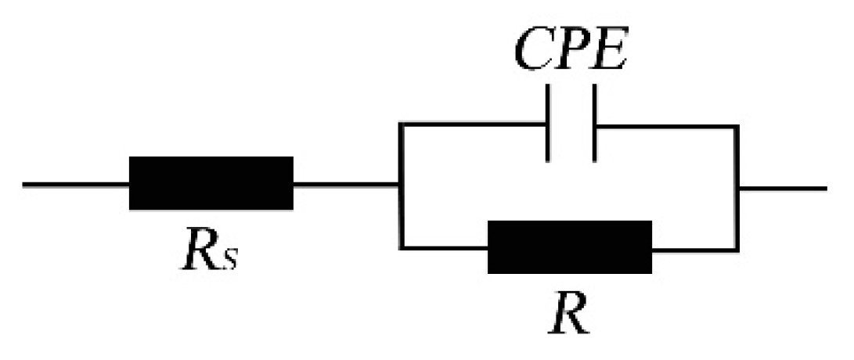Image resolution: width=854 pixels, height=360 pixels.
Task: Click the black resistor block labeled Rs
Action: pyautogui.click(x=211, y=183)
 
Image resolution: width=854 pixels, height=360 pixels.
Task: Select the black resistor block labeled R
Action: pyautogui.click(x=569, y=247)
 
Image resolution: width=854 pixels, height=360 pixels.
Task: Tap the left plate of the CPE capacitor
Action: pyautogui.click(x=547, y=124)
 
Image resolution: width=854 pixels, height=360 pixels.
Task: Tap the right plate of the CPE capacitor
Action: pyautogui.click(x=594, y=124)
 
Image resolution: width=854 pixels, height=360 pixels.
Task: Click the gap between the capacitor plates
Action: pyautogui.click(x=571, y=124)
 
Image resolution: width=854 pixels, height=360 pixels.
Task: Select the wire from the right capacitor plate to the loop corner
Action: pyautogui.click(x=665, y=124)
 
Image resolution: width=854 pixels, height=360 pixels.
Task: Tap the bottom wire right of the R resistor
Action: pyautogui.click(x=694, y=248)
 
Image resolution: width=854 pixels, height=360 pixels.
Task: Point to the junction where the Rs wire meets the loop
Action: pyautogui.click(x=401, y=185)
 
